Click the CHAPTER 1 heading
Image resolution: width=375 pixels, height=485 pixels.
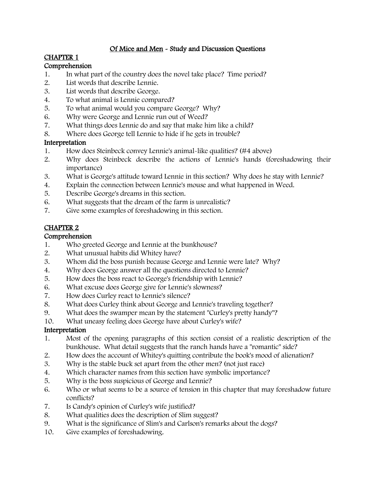point(61,57)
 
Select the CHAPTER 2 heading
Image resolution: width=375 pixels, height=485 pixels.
point(61,228)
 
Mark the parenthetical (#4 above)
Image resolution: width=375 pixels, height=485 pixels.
point(256,151)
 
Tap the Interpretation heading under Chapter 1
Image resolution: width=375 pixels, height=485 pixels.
point(65,143)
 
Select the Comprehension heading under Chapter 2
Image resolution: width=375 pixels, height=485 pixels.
point(68,236)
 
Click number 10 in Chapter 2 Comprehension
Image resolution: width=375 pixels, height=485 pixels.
point(49,321)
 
